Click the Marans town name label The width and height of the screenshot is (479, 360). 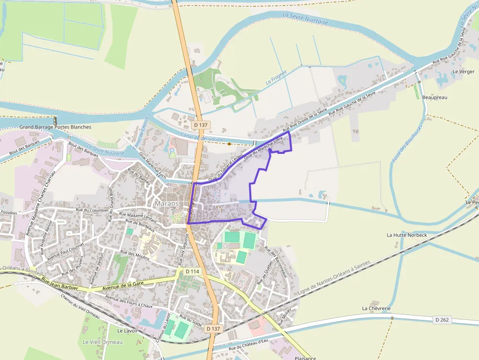(165, 203)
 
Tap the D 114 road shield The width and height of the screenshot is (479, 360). (193, 271)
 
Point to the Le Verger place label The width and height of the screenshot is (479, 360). (463, 71)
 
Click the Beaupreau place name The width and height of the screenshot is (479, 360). (435, 97)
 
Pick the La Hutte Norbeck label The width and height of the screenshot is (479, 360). (407, 235)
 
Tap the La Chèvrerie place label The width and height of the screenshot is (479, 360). (376, 308)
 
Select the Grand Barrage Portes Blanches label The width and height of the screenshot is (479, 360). (55, 127)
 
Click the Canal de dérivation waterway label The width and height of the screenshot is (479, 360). (201, 138)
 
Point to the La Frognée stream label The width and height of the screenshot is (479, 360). (276, 80)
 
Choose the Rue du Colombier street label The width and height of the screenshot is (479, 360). (92, 210)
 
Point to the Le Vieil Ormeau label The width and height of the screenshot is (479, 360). (102, 342)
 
